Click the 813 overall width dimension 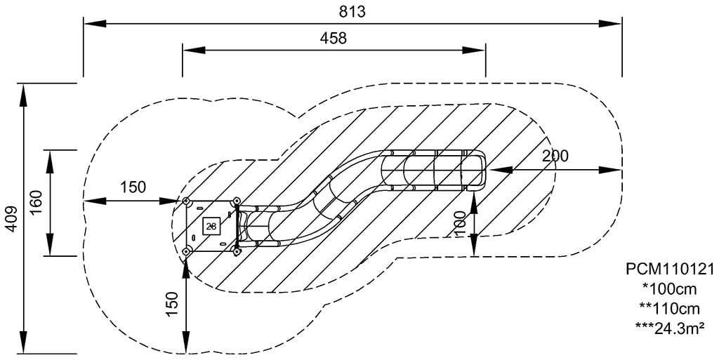click(352, 11)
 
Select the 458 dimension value click(334, 38)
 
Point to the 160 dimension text click(37, 203)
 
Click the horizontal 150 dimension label click(133, 187)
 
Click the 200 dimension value click(555, 156)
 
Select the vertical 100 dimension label click(461, 224)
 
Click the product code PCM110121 click(669, 269)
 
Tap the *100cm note click(669, 288)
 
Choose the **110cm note click(669, 307)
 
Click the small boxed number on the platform click(211, 226)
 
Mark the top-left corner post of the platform click(187, 202)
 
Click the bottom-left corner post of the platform click(187, 251)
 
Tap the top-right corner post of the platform click(236, 202)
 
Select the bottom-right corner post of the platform click(237, 251)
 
